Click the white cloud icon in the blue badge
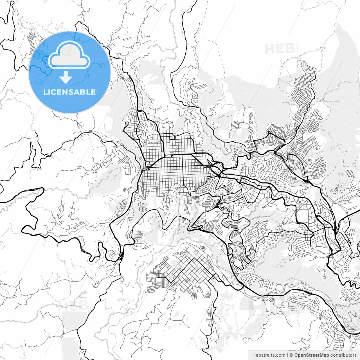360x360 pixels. coord(69,55)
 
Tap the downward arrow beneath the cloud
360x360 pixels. coord(66,77)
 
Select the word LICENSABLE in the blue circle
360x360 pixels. coord(69,92)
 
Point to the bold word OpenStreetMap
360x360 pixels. coord(311,355)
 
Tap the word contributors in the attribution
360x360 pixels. coord(343,355)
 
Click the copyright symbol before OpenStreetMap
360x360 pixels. coord(291,355)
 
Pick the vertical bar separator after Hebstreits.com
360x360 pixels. coord(287,355)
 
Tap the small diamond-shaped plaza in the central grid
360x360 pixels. coord(175,148)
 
